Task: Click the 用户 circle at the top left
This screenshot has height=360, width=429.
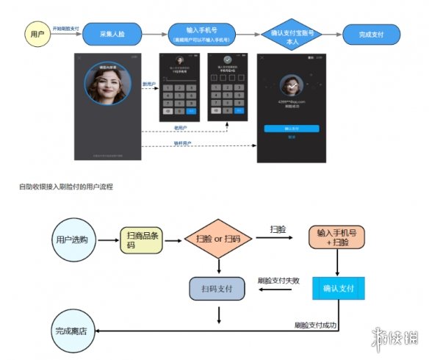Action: point(35,35)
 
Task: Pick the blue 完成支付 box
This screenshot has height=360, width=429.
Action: point(371,35)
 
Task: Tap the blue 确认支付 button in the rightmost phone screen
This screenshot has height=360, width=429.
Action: point(291,127)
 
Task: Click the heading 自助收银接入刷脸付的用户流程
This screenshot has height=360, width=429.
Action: point(66,187)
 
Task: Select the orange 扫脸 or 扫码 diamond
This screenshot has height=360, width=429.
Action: point(218,240)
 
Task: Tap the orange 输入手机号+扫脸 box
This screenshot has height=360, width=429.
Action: point(338,237)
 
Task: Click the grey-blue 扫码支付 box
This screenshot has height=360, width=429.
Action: point(218,287)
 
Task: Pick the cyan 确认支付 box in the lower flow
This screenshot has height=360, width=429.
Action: point(338,288)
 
